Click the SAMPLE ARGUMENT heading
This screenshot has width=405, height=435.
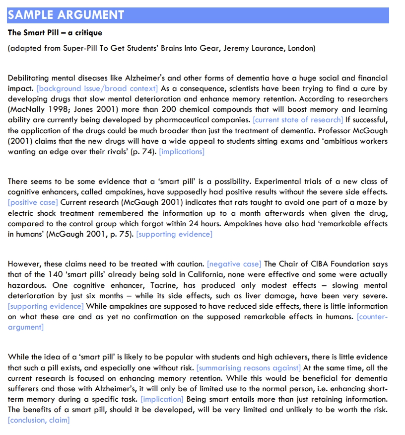66,15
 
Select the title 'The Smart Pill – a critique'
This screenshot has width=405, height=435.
55,33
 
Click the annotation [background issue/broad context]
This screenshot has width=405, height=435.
97,88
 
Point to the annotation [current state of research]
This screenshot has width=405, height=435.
298,120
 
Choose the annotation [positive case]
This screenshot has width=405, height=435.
33,202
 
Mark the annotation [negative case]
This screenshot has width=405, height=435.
234,263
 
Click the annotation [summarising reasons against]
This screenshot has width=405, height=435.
249,368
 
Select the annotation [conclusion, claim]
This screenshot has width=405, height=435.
39,420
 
